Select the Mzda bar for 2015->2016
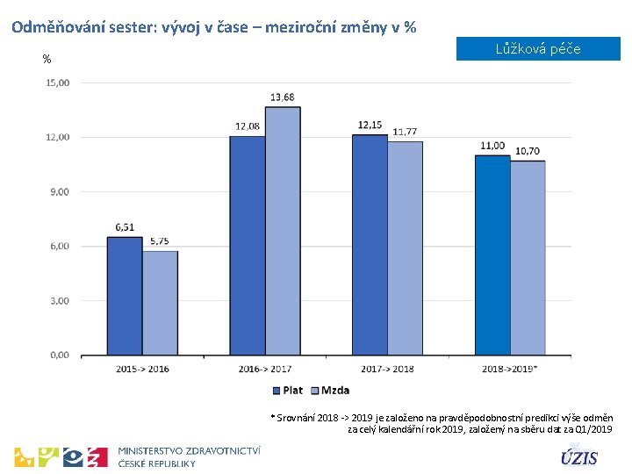[x=160, y=303]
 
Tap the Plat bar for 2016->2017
[x=247, y=246]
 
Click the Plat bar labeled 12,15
[x=370, y=245]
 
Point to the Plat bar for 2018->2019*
[x=492, y=255]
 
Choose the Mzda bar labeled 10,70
[x=528, y=258]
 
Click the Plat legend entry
[x=287, y=391]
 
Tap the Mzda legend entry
[x=330, y=391]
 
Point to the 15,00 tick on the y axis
[x=58, y=83]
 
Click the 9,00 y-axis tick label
[x=60, y=191]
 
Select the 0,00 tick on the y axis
[x=60, y=355]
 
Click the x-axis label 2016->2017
[x=265, y=370]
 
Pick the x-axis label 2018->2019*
[x=511, y=370]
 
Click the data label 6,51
[x=125, y=227]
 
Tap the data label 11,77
[x=405, y=132]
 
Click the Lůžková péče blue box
[x=538, y=49]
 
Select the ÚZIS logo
[x=579, y=457]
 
